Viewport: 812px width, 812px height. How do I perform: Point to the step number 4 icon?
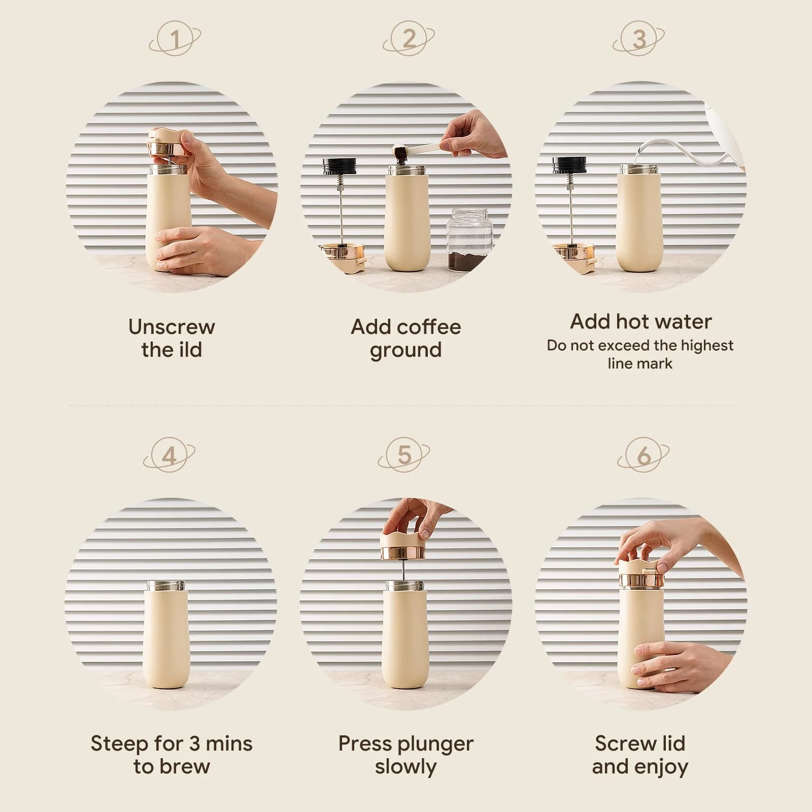tap(169, 455)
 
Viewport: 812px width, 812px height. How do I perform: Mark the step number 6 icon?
tap(644, 455)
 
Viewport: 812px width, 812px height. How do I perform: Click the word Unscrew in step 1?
tap(172, 327)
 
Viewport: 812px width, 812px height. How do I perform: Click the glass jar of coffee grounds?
tap(470, 238)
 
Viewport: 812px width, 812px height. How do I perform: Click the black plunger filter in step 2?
tap(340, 166)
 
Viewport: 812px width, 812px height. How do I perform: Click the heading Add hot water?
tap(640, 322)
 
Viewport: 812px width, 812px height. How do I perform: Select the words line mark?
tap(640, 363)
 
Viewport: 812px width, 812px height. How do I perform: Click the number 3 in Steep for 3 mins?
tap(194, 744)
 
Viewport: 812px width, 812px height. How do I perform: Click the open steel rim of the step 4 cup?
tap(165, 586)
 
